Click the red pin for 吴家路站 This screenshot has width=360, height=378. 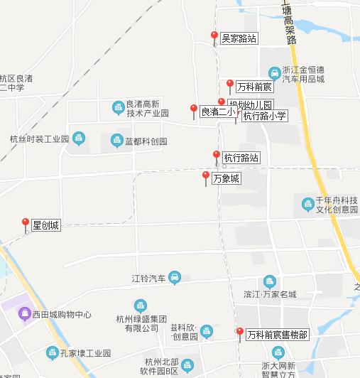coord(214,37)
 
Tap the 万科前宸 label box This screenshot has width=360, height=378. coord(254,87)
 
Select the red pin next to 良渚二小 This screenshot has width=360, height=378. coord(193,110)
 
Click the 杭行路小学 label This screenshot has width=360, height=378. coord(264,116)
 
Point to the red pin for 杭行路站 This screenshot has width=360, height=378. coord(217,156)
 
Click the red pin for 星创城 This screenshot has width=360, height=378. coord(26,224)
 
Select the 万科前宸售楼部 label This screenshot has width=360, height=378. coord(278,335)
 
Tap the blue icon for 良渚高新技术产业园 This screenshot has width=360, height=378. coord(118,108)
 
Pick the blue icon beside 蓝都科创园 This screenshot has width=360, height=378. coord(116,141)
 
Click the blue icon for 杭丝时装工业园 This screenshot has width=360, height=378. coord(78,139)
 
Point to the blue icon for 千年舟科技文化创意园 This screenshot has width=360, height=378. coord(307,204)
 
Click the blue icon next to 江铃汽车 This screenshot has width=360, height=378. coord(175,278)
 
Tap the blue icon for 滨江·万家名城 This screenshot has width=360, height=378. coord(269,282)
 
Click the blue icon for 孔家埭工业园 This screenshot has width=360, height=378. coord(52,352)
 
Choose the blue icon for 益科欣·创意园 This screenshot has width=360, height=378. coord(206,331)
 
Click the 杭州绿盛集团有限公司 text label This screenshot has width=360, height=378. coord(141,323)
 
